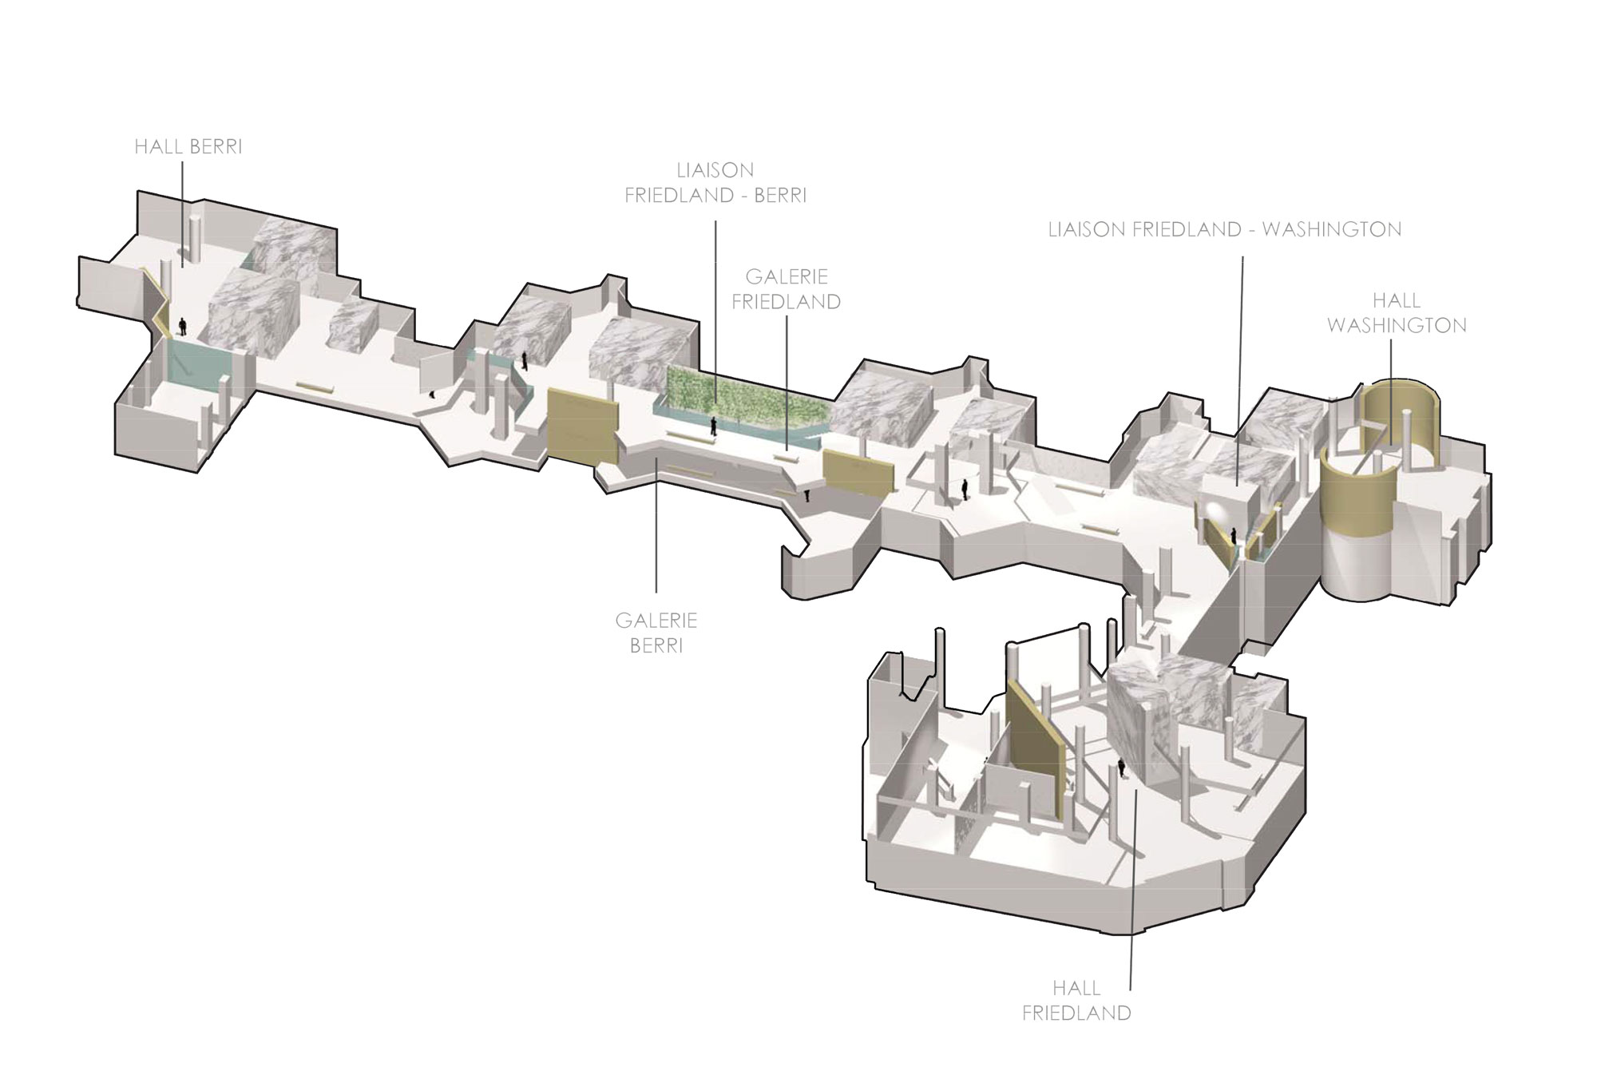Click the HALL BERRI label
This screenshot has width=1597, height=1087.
[188, 148]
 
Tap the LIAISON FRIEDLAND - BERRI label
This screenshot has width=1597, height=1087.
[715, 183]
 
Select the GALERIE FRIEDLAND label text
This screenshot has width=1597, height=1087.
[787, 289]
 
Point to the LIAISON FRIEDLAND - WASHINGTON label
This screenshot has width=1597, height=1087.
[1225, 230]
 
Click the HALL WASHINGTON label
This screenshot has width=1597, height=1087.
[1397, 313]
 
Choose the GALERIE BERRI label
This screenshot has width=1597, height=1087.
[656, 633]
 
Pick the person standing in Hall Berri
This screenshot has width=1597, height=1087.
[183, 326]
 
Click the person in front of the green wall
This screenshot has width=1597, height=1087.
[713, 427]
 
